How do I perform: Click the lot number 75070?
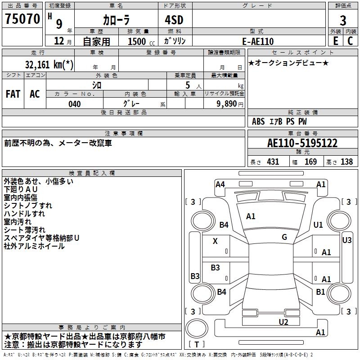22,19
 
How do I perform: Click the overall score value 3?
343,20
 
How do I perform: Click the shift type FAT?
13,94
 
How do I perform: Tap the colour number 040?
74,104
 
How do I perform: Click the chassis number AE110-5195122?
302,143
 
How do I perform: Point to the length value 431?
273,162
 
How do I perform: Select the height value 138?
346,162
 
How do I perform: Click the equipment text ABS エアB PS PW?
280,121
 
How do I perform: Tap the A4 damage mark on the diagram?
220,184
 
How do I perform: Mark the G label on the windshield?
284,237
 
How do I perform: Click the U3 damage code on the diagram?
346,240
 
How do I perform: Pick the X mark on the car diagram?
215,241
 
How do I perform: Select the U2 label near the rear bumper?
283,321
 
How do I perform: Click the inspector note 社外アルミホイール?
34,246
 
